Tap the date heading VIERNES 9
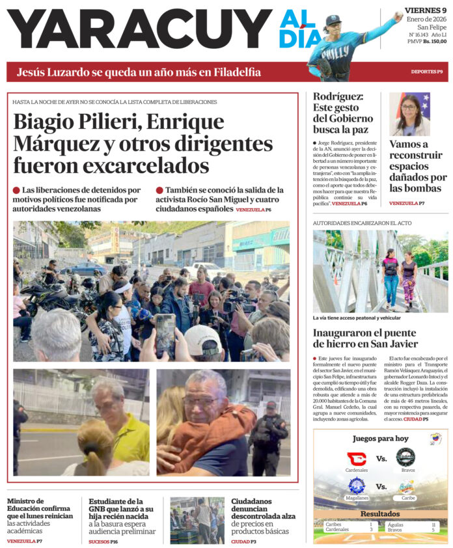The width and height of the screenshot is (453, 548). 425,10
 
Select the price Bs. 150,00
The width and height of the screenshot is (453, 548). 435,41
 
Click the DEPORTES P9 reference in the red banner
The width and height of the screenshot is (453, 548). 426,72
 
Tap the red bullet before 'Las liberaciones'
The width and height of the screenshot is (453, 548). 16,190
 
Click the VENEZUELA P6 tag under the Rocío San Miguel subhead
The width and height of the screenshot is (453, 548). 253,210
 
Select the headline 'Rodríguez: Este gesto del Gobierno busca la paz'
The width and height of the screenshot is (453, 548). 343,113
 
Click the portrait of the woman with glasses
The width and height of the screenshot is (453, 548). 409,114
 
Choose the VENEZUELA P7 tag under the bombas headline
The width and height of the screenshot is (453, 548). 407,203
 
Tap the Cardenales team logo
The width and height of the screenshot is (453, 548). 356,458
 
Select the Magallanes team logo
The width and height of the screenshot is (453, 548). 356,486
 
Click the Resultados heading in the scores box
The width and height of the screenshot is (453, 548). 380,514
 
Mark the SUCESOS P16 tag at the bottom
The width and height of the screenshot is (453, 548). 103,541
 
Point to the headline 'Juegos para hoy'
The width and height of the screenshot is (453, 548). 380,439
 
